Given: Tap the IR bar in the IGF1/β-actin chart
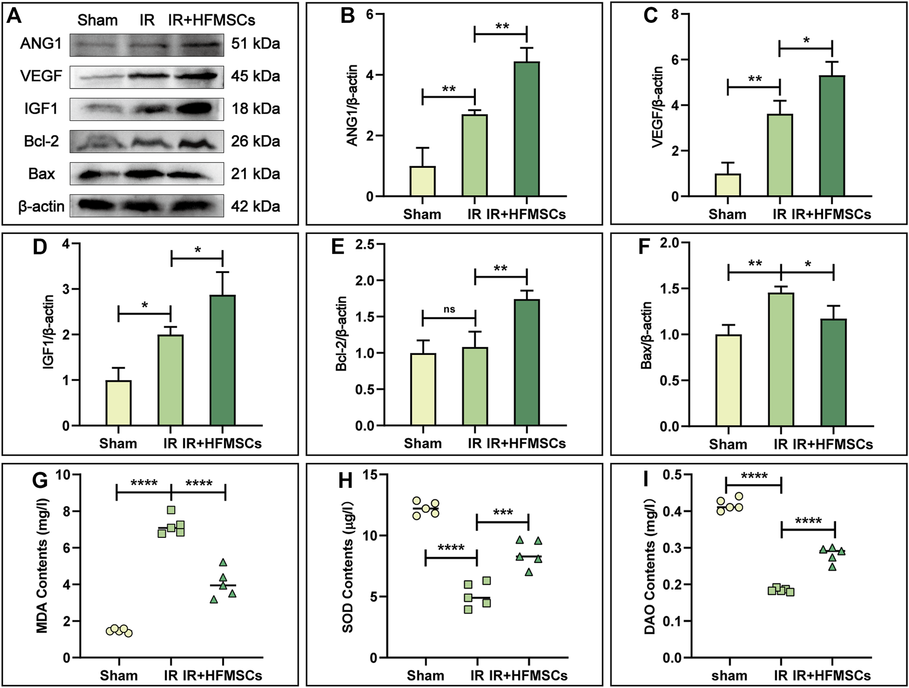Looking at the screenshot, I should (170, 380).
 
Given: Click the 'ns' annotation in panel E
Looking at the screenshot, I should (449, 309).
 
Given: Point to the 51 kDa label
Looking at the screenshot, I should (255, 44).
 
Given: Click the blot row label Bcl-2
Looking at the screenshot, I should (41, 141).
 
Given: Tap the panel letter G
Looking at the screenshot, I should (40, 480).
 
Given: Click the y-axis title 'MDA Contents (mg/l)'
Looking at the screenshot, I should (42, 566).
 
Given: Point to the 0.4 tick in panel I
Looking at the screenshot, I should (672, 511).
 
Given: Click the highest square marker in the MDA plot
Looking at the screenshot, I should (171, 510).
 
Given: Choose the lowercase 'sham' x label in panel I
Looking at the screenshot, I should (729, 676).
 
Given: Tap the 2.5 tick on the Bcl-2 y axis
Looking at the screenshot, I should (366, 244).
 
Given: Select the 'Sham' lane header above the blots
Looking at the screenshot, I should (97, 20).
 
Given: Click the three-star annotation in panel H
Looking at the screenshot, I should (502, 512).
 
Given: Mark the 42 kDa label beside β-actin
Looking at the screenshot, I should (255, 206).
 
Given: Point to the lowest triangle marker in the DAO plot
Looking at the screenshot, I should (832, 567).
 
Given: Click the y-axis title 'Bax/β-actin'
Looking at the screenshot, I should (646, 335).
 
